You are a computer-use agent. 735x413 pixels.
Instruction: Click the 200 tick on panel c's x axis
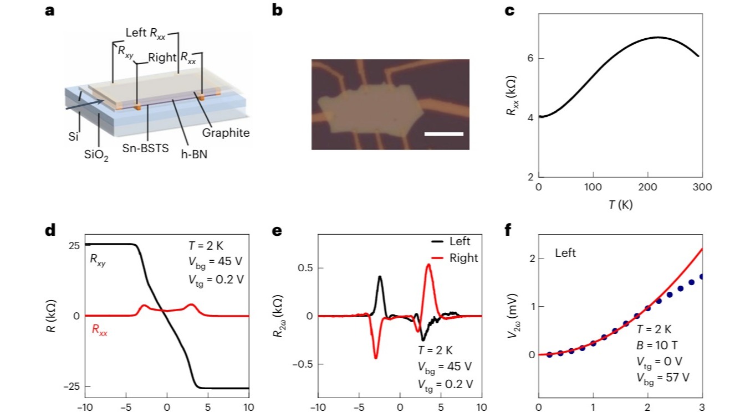pyautogui.click(x=648, y=187)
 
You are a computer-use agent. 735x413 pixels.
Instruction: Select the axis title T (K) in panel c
pyautogui.click(x=620, y=205)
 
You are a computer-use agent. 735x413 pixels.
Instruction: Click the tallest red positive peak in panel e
pyautogui.click(x=428, y=265)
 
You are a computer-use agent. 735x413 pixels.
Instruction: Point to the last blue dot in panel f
pyautogui.click(x=702, y=276)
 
